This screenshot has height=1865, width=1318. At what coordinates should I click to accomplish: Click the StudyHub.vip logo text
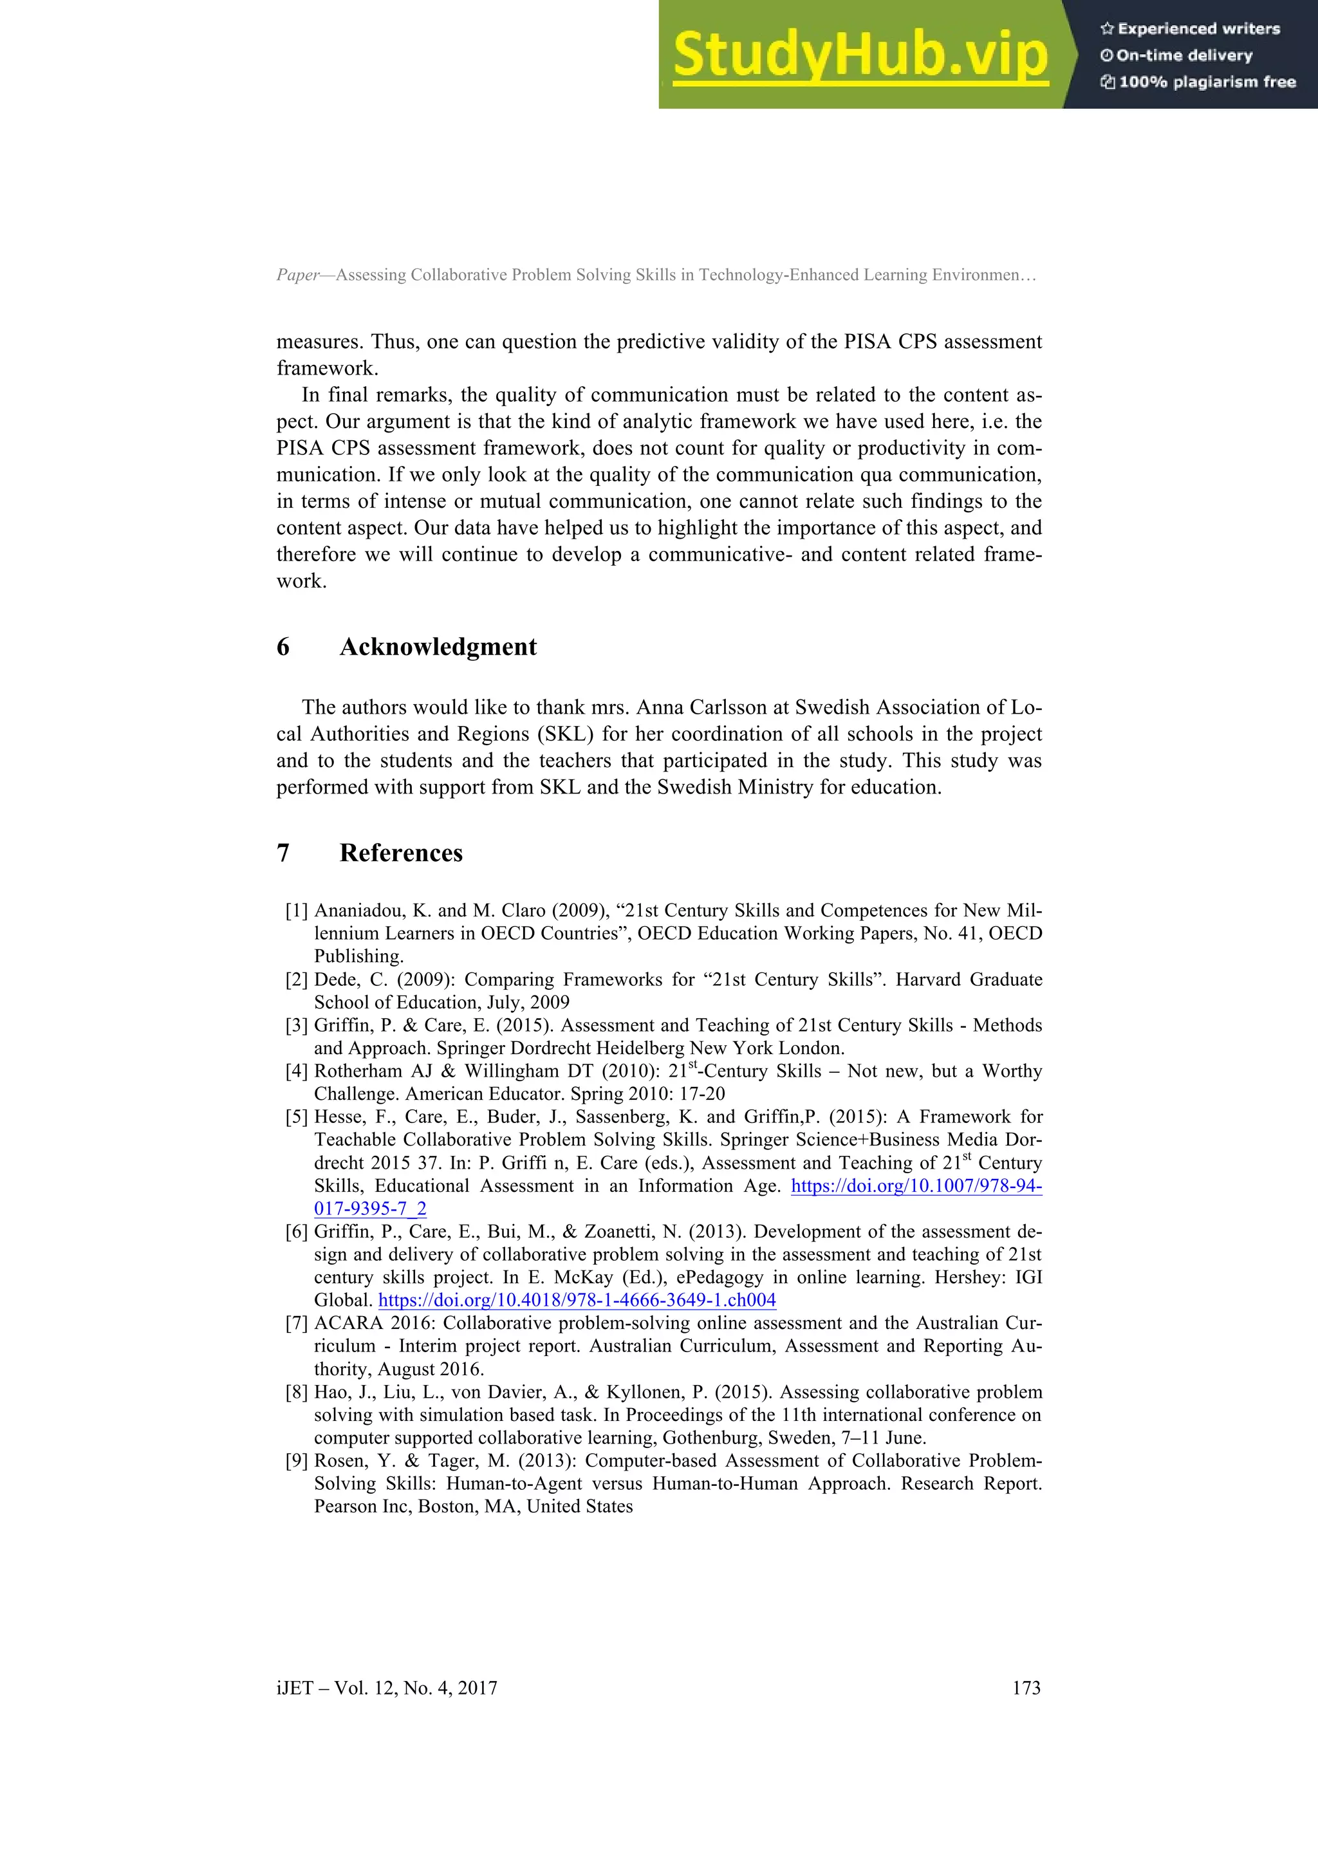pyautogui.click(x=860, y=55)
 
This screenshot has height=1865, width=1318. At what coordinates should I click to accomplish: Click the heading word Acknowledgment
pyautogui.click(x=438, y=647)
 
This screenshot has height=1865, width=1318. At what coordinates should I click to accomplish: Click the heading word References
pyautogui.click(x=400, y=853)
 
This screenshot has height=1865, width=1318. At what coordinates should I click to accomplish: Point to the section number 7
pyautogui.click(x=283, y=853)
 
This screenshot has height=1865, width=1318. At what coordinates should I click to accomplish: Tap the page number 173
pyautogui.click(x=1026, y=1688)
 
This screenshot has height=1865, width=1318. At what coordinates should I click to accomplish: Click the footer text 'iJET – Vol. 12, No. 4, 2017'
pyautogui.click(x=387, y=1688)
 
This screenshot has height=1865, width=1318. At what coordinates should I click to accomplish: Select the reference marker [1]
pyautogui.click(x=297, y=911)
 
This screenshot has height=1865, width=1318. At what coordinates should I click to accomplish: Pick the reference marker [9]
pyautogui.click(x=297, y=1460)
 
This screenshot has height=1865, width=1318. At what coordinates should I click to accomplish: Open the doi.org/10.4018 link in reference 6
pyautogui.click(x=577, y=1301)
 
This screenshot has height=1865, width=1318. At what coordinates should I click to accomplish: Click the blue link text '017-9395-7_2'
pyautogui.click(x=370, y=1209)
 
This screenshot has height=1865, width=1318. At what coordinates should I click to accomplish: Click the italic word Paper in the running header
pyautogui.click(x=298, y=275)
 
